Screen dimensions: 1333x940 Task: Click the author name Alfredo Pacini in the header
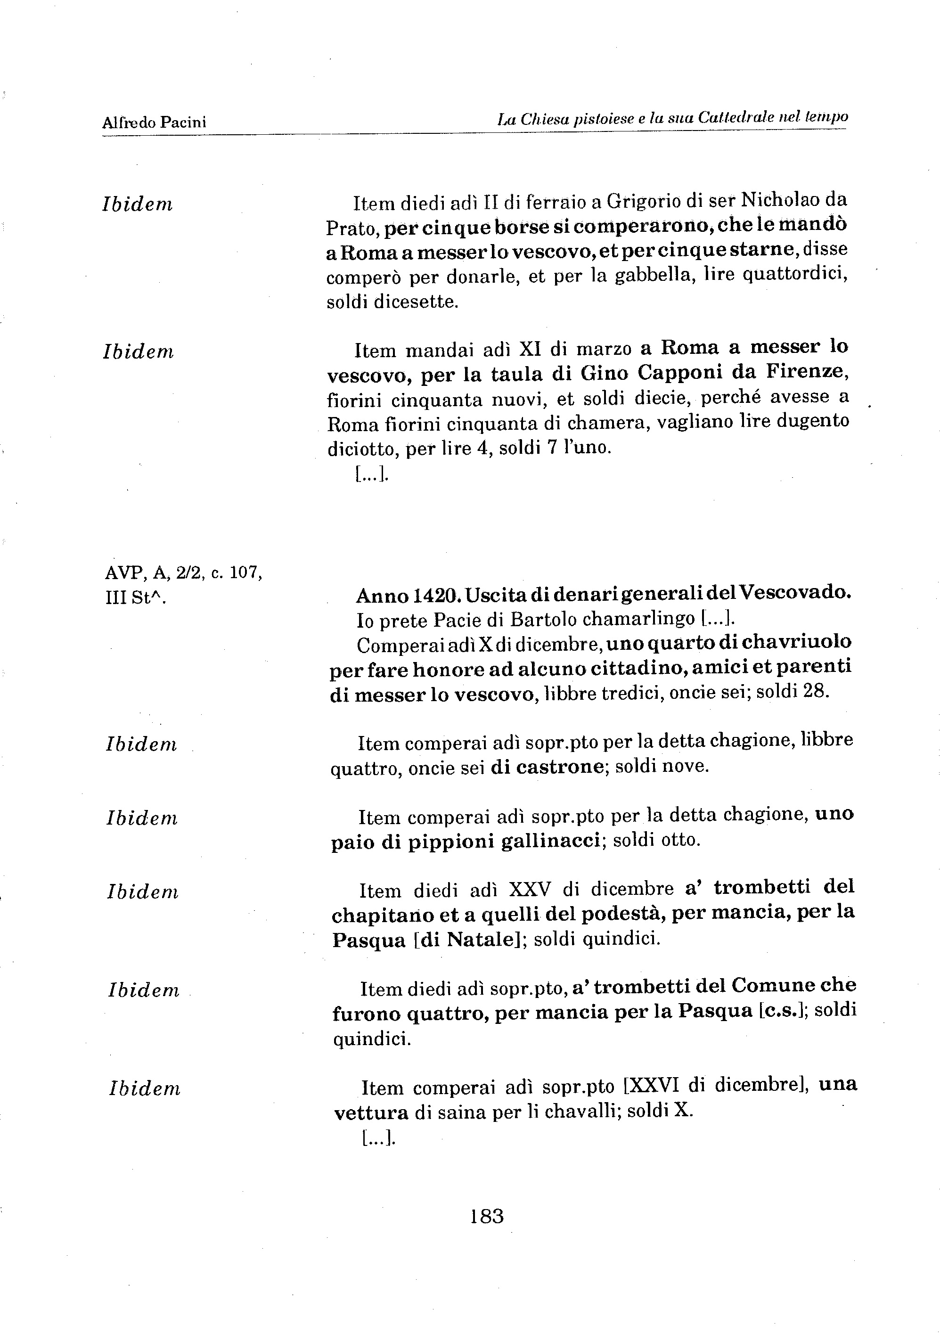click(154, 122)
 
